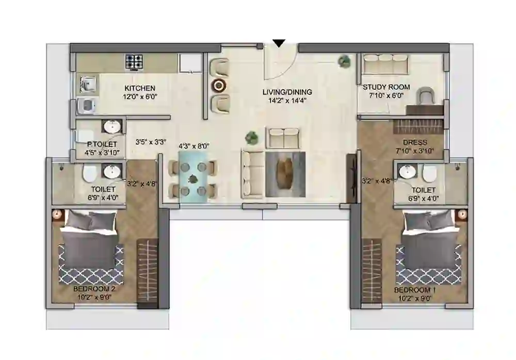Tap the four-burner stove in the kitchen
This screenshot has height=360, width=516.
(134, 62)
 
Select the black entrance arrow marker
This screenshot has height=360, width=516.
(279, 44)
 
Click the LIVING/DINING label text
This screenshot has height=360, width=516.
(287, 92)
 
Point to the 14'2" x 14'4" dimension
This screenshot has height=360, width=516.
(287, 101)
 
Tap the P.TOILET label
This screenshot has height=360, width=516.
(102, 144)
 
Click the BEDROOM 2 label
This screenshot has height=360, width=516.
(94, 289)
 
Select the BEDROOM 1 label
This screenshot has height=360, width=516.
(415, 290)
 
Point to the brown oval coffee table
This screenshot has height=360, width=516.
(285, 174)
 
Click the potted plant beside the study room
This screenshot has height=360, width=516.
(344, 61)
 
